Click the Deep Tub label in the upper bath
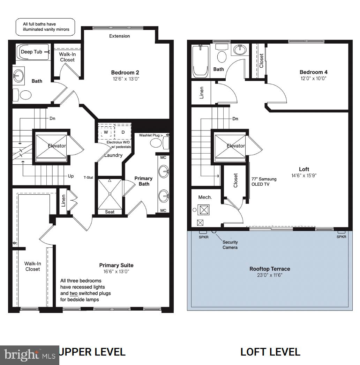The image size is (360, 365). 31,52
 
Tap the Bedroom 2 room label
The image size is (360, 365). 125,73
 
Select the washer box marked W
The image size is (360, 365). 106,133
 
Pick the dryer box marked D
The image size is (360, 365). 123,133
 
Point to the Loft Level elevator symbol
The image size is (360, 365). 231,146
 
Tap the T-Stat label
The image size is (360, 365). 88,178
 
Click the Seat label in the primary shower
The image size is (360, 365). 109,212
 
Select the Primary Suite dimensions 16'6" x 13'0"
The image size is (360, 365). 116,271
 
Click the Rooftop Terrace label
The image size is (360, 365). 270,269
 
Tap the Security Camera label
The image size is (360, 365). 230,245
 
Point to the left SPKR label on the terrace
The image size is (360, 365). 203,237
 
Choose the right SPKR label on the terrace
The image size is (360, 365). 342,237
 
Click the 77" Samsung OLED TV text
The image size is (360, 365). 264,181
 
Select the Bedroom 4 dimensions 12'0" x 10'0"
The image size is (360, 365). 313,79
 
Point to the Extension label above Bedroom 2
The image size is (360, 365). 119,36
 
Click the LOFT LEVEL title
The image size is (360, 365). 270,352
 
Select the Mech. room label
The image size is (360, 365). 205,197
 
